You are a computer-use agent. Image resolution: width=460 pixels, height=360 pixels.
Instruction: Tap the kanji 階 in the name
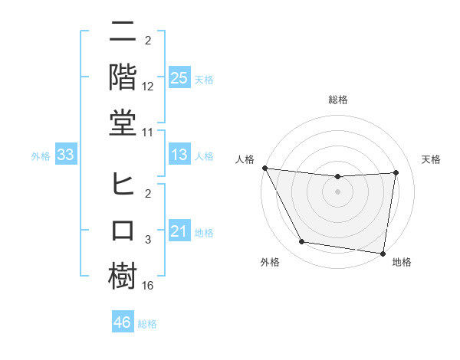123,77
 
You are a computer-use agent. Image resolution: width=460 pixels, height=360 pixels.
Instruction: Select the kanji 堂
123,122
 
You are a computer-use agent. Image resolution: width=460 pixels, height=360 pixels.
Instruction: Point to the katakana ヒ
123,185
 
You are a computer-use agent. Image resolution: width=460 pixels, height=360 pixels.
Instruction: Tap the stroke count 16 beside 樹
148,285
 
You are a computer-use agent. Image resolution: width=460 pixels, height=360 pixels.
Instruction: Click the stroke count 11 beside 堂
148,132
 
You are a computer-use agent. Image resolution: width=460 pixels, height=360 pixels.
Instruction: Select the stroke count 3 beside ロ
148,240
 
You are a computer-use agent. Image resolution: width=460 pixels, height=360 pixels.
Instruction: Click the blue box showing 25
179,78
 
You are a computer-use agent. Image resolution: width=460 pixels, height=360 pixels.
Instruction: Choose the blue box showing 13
179,155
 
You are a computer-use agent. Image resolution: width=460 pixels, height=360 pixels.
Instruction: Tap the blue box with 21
179,231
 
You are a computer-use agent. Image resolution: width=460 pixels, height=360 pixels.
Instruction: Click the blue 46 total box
122,322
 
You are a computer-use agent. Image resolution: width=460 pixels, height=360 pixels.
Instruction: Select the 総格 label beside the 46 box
148,324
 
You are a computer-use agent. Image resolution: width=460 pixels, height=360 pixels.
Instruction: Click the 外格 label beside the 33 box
41,156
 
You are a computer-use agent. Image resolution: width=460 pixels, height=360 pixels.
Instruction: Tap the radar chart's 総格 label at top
337,100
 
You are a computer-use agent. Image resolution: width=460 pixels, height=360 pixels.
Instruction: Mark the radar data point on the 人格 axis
264,168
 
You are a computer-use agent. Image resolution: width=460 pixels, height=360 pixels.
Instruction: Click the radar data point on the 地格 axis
383,253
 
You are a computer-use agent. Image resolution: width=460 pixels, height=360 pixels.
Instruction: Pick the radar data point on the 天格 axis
396,172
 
